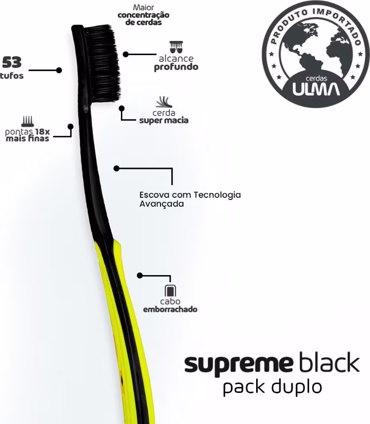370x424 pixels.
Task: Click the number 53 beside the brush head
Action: pyautogui.click(x=12, y=62)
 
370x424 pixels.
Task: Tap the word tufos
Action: pyautogui.click(x=12, y=76)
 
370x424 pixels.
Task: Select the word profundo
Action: pyautogui.click(x=176, y=68)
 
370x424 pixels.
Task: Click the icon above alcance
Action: pyautogui.click(x=176, y=47)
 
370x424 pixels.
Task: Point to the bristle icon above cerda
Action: pyautogui.click(x=163, y=102)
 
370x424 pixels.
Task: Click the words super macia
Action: pyautogui.click(x=164, y=120)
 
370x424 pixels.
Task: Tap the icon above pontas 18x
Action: pyautogui.click(x=28, y=121)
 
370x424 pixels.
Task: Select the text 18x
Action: pyautogui.click(x=42, y=132)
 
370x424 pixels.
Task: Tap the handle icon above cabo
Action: pyautogui.click(x=170, y=291)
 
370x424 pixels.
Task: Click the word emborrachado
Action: pyautogui.click(x=170, y=309)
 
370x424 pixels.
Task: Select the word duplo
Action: pyautogui.click(x=299, y=387)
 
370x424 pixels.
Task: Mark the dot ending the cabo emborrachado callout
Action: pyautogui.click(x=140, y=276)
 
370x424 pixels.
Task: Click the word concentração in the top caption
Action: pyautogui.click(x=143, y=16)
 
